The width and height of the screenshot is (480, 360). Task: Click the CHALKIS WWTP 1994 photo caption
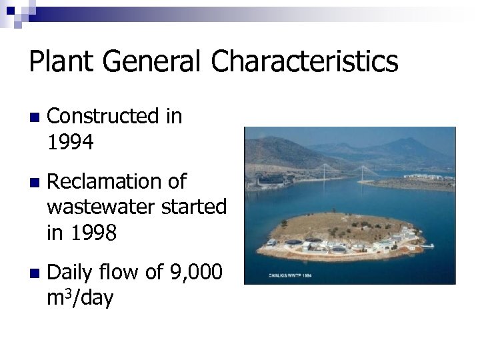click(289, 274)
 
